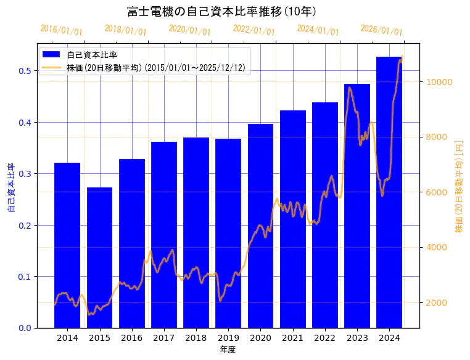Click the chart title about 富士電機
click(222, 11)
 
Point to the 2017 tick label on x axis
click(164, 337)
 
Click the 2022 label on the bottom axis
click(325, 337)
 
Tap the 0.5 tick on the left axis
click(25, 71)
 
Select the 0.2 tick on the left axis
click(25, 225)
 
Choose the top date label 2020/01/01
click(190, 30)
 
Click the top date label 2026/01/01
click(382, 30)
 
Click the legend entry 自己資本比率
click(92, 55)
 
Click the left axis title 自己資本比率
click(11, 187)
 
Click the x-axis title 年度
click(228, 350)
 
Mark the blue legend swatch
click(51, 55)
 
